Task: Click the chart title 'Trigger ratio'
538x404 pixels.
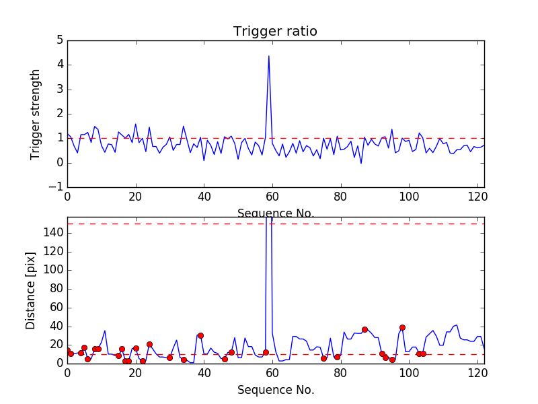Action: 275,32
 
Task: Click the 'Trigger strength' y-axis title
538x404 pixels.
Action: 36,114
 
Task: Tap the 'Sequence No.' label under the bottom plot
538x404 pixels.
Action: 275,390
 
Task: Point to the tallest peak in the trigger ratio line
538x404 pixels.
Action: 269,56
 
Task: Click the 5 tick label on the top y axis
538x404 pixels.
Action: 60,40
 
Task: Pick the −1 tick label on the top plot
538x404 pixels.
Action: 56,187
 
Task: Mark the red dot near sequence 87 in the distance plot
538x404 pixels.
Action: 364,329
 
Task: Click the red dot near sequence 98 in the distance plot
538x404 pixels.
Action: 402,327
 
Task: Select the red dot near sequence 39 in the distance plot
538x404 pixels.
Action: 200,335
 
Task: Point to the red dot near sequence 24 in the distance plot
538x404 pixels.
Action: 149,344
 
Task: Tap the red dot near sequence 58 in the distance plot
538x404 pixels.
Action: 266,352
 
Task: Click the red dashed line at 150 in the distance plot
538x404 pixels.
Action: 168,224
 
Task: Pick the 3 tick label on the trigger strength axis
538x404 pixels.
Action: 60,90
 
